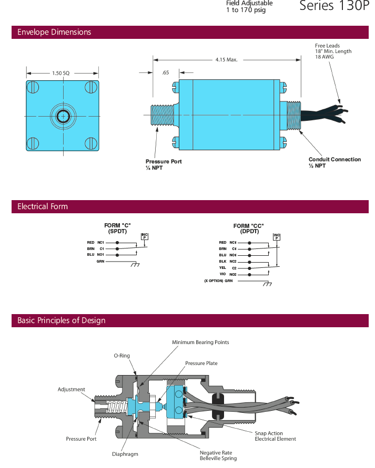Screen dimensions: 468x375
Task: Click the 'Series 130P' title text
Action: tap(335, 6)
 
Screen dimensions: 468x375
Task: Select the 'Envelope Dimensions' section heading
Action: tap(54, 32)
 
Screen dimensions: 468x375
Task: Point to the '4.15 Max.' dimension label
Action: tap(227, 59)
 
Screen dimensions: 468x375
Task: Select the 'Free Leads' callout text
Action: tap(327, 46)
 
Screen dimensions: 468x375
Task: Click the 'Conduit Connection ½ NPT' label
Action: tap(335, 162)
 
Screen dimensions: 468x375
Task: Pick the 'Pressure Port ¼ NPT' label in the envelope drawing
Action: tap(164, 164)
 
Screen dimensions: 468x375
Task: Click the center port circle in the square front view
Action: tap(63, 116)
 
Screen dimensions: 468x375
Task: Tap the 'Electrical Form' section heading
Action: tap(43, 206)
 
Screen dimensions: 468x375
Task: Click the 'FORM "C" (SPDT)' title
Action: tap(117, 228)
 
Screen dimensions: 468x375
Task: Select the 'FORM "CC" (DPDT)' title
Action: tap(249, 228)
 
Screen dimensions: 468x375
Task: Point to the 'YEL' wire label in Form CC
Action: tap(222, 268)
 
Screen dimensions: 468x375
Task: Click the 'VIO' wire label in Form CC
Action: tap(222, 274)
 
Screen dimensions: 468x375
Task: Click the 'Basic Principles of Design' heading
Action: tap(62, 320)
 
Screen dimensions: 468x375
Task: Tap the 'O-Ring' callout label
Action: tap(121, 355)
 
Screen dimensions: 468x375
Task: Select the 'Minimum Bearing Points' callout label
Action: tap(200, 342)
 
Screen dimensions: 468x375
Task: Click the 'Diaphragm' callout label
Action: tap(125, 454)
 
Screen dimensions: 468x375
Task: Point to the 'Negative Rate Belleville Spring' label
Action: tap(218, 455)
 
